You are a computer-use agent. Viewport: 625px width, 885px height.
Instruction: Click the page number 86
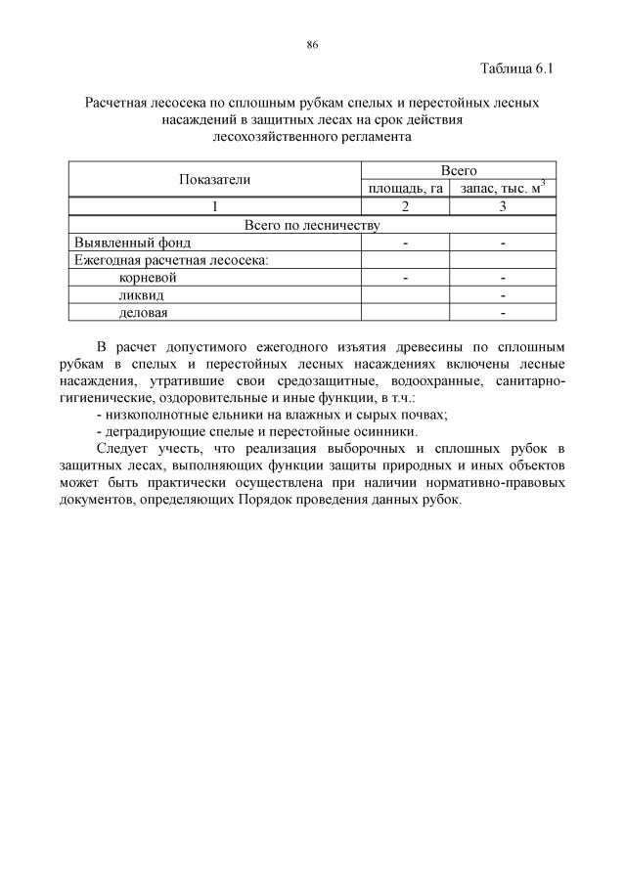tap(312, 45)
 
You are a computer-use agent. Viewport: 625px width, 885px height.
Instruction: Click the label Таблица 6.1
tap(517, 68)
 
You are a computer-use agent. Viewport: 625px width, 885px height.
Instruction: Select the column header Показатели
tap(214, 179)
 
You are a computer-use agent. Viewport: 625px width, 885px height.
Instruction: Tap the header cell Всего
tap(459, 170)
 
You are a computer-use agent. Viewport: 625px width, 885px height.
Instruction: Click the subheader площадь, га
tap(405, 188)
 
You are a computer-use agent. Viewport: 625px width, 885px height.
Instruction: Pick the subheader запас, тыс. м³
tap(503, 188)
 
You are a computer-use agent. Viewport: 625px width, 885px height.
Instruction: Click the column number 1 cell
tap(214, 206)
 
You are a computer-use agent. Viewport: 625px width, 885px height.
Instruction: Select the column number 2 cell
tap(405, 206)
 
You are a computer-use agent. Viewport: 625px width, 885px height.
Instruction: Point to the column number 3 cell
tap(503, 206)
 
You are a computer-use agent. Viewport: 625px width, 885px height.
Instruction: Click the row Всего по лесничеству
tap(311, 225)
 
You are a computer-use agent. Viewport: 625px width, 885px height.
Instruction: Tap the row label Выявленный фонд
tap(133, 242)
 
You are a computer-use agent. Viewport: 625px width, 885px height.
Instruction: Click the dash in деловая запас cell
tap(503, 313)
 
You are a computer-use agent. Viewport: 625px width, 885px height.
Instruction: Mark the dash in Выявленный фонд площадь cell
tap(405, 243)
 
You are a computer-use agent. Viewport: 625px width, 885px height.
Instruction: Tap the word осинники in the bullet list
tap(387, 431)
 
